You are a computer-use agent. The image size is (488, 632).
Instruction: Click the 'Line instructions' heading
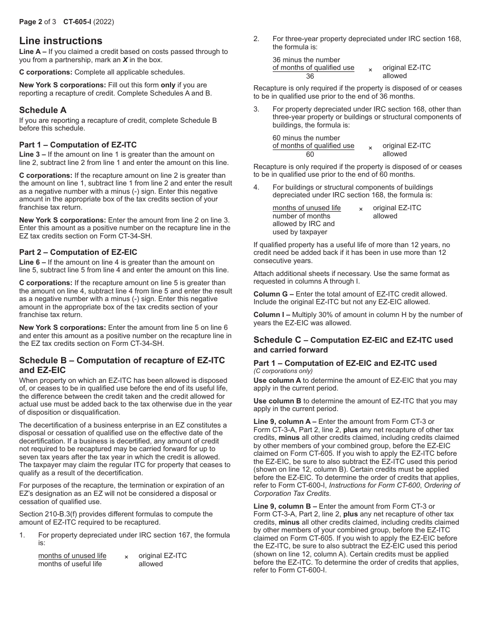[x=61, y=41]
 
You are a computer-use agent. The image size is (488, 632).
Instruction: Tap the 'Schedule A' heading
[x=43, y=110]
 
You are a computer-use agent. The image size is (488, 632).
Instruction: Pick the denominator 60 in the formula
[x=310, y=154]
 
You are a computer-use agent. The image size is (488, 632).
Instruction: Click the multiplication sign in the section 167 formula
[x=126, y=557]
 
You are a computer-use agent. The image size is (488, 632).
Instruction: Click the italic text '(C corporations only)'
[x=283, y=371]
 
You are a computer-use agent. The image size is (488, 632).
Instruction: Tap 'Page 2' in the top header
[x=30, y=22]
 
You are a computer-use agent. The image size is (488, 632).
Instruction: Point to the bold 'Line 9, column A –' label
[x=285, y=421]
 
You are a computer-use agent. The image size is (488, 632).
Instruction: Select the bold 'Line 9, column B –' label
[x=285, y=506]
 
